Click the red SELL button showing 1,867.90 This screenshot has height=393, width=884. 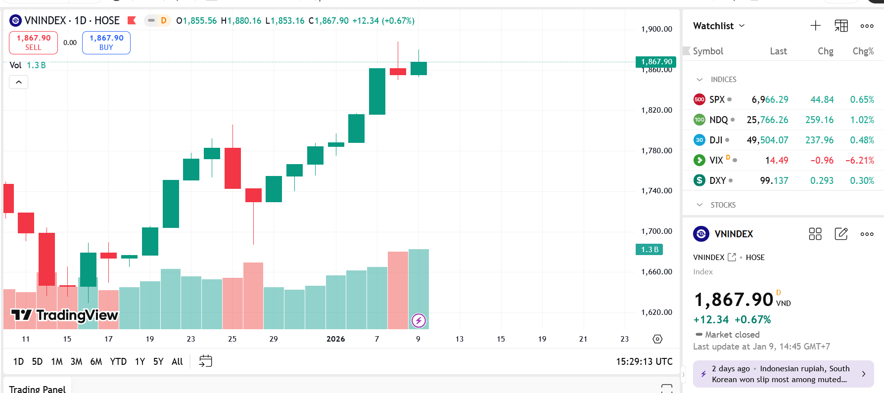tap(33, 43)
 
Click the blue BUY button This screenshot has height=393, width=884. tap(106, 43)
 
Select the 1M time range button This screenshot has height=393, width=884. tap(57, 361)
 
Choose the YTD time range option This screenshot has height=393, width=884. tap(118, 361)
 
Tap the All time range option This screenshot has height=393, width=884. tap(177, 361)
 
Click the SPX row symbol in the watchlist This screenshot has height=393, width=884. tap(716, 99)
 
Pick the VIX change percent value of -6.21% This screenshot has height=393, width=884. tap(859, 160)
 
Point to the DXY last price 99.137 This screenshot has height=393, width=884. tap(774, 180)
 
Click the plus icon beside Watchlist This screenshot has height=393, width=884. tap(815, 26)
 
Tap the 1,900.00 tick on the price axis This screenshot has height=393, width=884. tap(656, 29)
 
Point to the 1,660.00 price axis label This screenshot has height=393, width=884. tap(656, 272)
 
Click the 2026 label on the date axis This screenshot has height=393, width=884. tap(335, 339)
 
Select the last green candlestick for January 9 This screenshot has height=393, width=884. tap(419, 68)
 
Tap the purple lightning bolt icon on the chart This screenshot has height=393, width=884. tap(419, 321)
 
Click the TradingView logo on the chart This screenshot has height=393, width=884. tap(65, 315)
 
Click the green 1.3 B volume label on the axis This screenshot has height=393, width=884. tap(649, 250)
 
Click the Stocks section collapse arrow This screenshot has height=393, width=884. tap(699, 205)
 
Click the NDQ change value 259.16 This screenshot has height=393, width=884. tap(819, 120)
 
